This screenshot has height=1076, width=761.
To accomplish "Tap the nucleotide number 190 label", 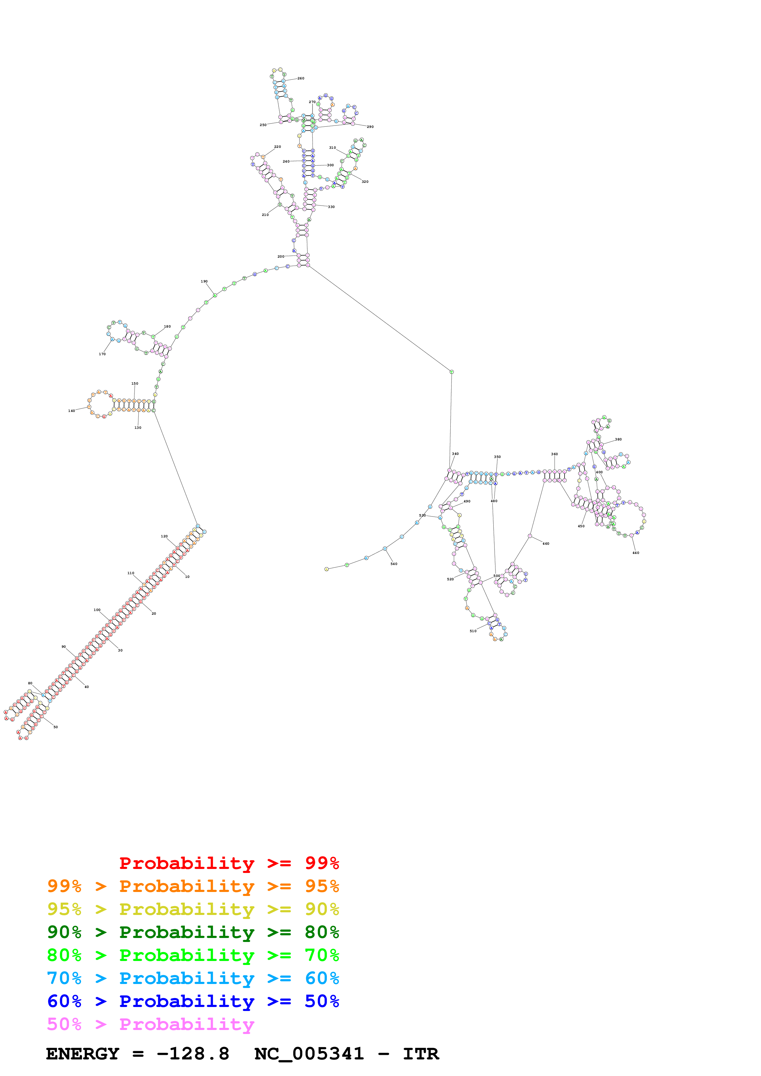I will (x=204, y=282).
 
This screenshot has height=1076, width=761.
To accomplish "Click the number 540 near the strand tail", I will (x=394, y=564).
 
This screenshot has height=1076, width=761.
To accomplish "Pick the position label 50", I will (x=55, y=727).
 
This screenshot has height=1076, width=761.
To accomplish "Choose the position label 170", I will (x=102, y=354).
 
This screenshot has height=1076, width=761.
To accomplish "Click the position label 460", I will (x=546, y=544).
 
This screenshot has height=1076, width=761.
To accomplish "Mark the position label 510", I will (x=473, y=631).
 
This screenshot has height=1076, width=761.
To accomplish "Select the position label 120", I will (x=164, y=536).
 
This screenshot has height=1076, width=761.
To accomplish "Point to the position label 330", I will (x=331, y=207).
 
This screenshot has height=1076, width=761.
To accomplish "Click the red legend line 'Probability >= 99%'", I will (x=229, y=863).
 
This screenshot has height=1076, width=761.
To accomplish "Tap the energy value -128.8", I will (x=193, y=1054).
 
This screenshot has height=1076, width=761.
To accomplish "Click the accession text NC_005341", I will (x=309, y=1054).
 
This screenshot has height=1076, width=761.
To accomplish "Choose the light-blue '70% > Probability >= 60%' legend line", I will (x=193, y=978).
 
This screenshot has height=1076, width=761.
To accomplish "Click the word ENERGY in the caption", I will (x=83, y=1054).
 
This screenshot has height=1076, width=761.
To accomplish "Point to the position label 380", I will (x=619, y=440).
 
